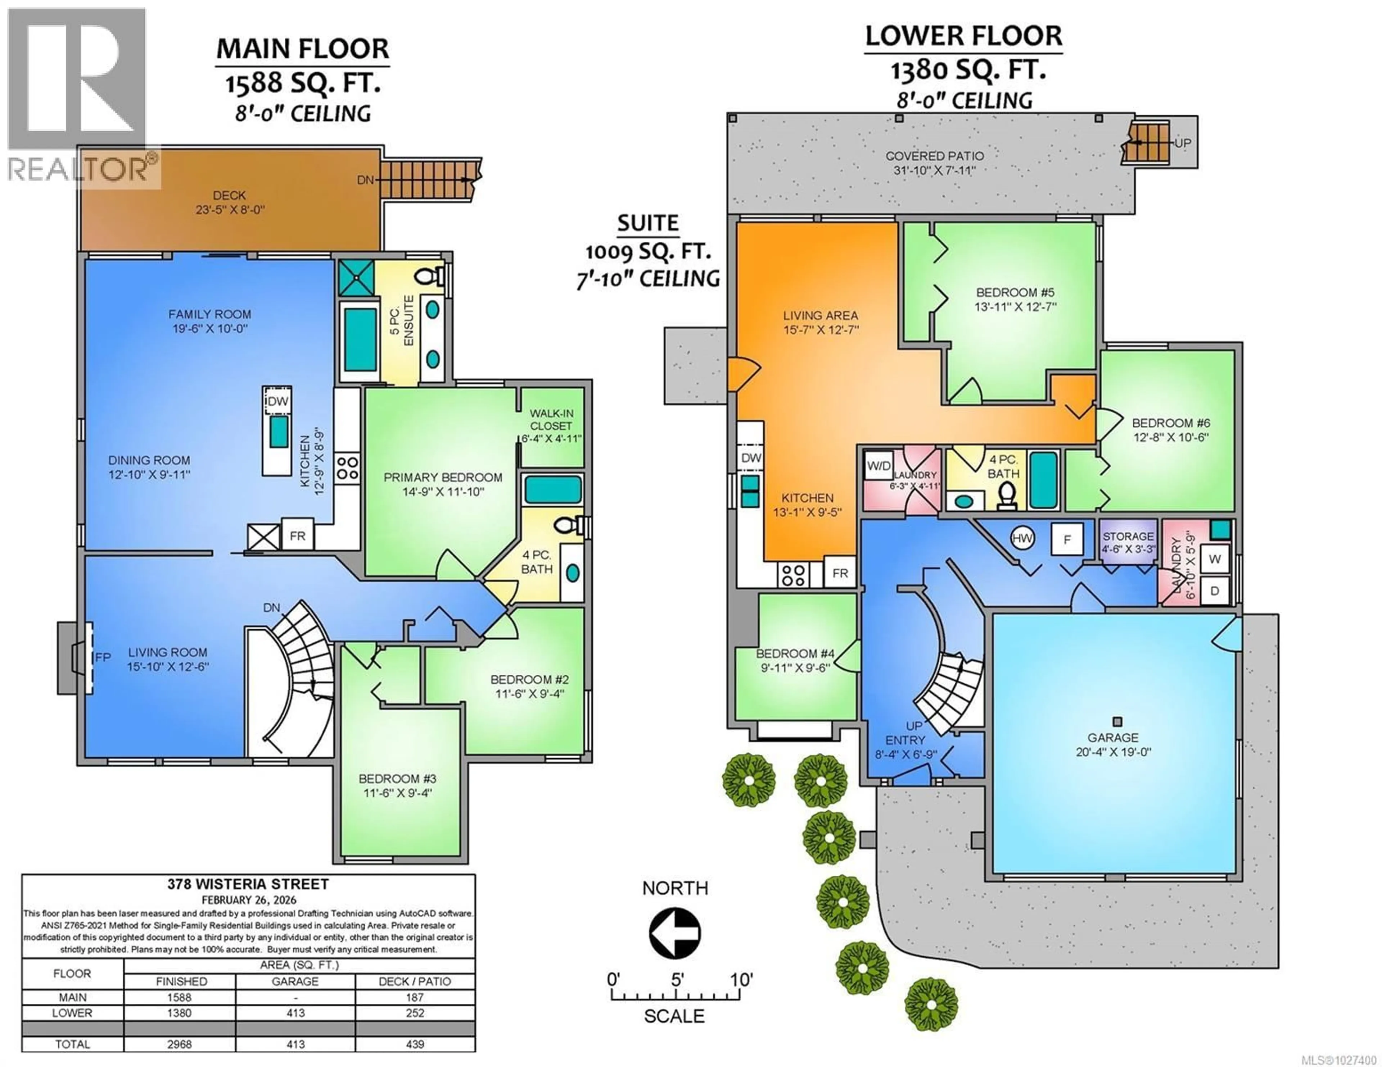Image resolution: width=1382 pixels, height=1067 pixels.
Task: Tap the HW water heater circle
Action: pos(1022,539)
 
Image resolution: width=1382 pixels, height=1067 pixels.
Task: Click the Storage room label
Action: pos(1128,536)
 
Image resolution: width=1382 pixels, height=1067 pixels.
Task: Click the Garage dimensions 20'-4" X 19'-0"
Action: pos(1113,752)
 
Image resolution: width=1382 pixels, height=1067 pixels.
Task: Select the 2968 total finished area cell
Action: pos(179,1044)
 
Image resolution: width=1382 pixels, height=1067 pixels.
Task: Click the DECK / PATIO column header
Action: pos(415,982)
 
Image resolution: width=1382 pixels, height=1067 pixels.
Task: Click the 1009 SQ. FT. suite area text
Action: pos(648,252)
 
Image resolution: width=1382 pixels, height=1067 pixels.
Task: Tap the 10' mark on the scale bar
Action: pos(740,980)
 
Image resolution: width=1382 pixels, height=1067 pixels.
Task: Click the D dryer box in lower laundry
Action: pos(1214,591)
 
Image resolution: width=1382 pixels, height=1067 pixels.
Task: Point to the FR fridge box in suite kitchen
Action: pos(840,573)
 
